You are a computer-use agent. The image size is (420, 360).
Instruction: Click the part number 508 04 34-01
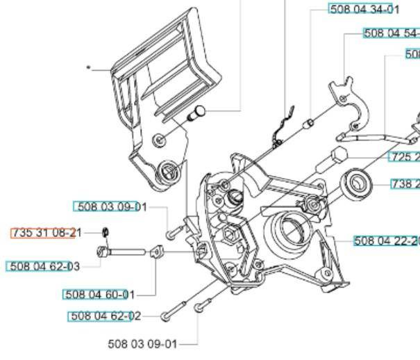(364, 10)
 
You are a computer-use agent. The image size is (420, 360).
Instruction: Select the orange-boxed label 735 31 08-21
(47, 233)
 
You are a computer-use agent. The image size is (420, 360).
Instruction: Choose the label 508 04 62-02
(104, 316)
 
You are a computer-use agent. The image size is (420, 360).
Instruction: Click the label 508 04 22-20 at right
(386, 241)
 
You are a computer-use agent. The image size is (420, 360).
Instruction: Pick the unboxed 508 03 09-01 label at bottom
(142, 343)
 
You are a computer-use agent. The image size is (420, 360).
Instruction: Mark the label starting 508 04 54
(392, 33)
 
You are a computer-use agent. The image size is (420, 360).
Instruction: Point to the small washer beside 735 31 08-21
(105, 232)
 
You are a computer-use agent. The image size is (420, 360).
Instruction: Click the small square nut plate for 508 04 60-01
(157, 252)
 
